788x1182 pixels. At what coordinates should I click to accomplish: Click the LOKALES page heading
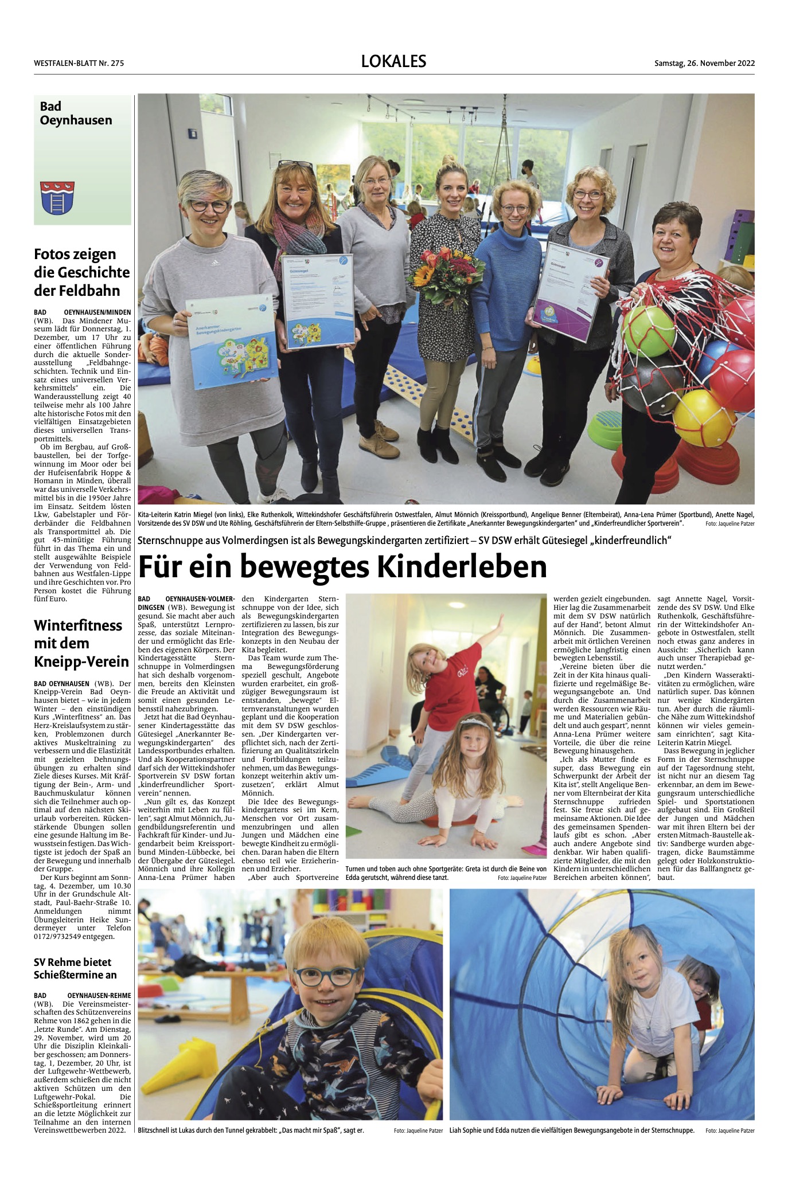(393, 61)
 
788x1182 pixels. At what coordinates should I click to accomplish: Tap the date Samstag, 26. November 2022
(704, 63)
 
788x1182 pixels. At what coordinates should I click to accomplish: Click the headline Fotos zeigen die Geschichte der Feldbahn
(82, 272)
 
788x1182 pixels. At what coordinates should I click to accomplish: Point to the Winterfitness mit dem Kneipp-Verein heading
(81, 643)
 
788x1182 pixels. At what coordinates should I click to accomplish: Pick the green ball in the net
(649, 330)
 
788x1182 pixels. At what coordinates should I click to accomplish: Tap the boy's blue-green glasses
(326, 974)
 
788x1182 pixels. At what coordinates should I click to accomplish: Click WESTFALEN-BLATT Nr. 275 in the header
(79, 63)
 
